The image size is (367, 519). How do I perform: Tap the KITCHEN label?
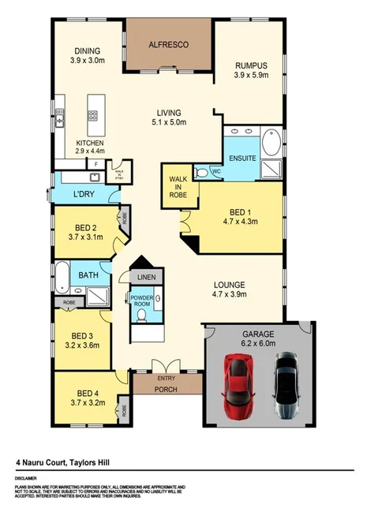click(89, 143)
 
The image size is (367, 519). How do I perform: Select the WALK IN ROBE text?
click(178, 185)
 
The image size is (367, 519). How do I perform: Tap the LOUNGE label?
click(231, 284)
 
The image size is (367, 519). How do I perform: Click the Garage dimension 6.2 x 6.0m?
click(260, 344)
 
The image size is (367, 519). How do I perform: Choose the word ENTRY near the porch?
click(166, 378)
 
